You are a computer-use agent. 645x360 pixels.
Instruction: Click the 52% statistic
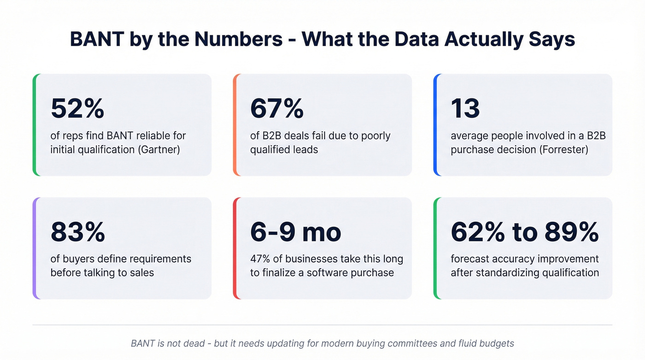coord(77,109)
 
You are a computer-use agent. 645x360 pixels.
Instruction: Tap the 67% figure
coord(277,109)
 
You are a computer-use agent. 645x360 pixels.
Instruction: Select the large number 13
coord(465,109)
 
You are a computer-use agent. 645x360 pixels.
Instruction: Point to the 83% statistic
coord(78,232)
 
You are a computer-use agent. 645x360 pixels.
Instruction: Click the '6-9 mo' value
coord(295,232)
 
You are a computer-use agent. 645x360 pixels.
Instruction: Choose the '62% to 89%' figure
coord(525,232)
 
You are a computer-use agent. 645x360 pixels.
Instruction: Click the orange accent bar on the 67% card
coord(235,125)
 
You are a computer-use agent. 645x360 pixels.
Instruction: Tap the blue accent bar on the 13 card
coord(435,125)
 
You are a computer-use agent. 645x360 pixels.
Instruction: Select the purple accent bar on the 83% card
coord(35,248)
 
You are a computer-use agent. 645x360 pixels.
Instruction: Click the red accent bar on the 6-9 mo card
coord(235,248)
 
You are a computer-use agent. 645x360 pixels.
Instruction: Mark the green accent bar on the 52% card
coord(35,125)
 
